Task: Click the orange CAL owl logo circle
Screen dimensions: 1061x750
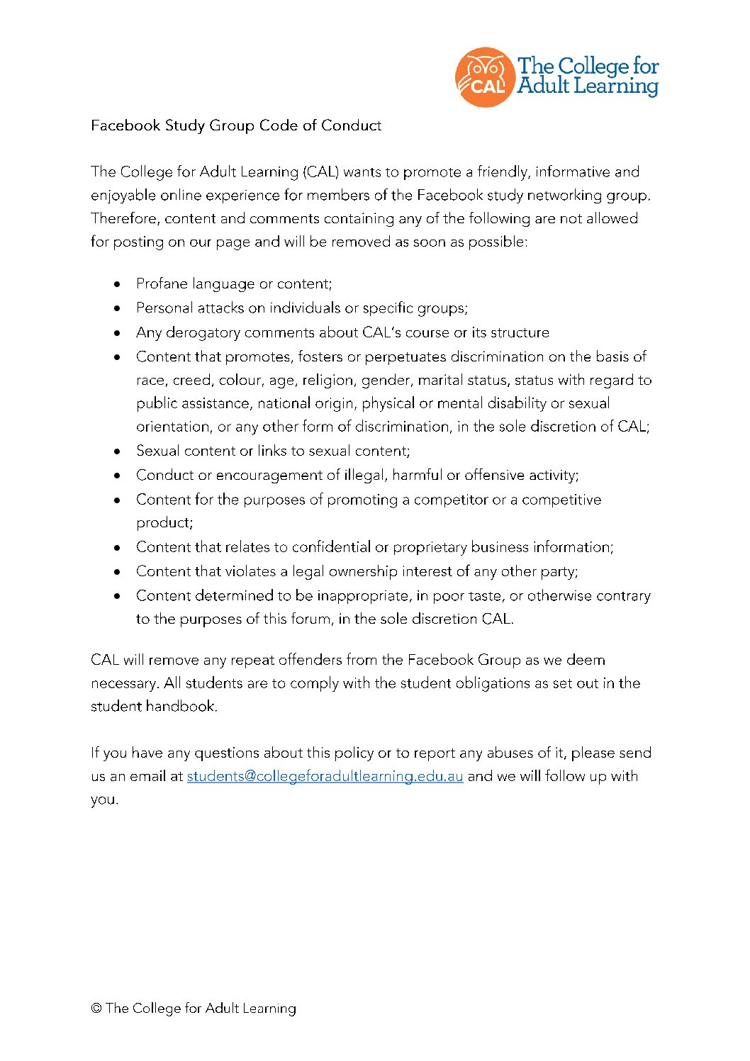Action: pyautogui.click(x=484, y=77)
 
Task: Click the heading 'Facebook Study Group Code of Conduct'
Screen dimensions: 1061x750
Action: pyautogui.click(x=236, y=125)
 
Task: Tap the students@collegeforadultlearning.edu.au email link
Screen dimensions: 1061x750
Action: pyautogui.click(x=325, y=776)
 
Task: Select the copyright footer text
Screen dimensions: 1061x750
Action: pyautogui.click(x=194, y=1008)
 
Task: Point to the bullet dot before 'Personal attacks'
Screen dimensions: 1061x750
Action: pyautogui.click(x=117, y=308)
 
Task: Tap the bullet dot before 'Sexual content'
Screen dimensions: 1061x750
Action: pyautogui.click(x=117, y=451)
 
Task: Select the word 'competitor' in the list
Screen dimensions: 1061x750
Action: pyautogui.click(x=451, y=500)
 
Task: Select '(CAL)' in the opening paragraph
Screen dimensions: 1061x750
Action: pyautogui.click(x=321, y=172)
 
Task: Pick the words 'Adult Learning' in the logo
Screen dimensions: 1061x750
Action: pyautogui.click(x=587, y=86)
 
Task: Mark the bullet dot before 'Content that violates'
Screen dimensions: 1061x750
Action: pyautogui.click(x=117, y=571)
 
